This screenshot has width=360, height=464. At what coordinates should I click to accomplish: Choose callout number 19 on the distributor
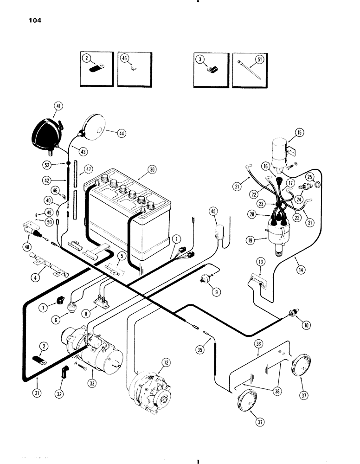pyautogui.click(x=251, y=241)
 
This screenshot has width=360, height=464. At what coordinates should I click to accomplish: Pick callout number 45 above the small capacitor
pyautogui.click(x=213, y=212)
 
